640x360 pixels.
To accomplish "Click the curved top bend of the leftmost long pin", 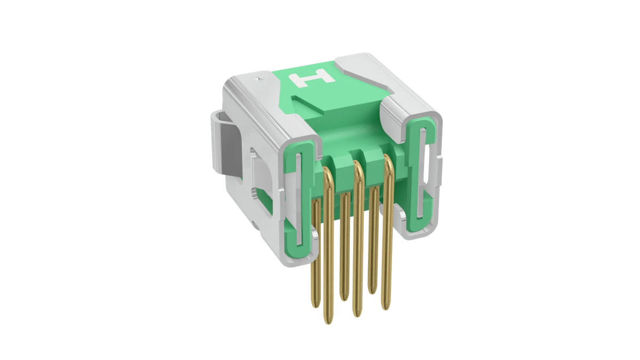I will point(328,172).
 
